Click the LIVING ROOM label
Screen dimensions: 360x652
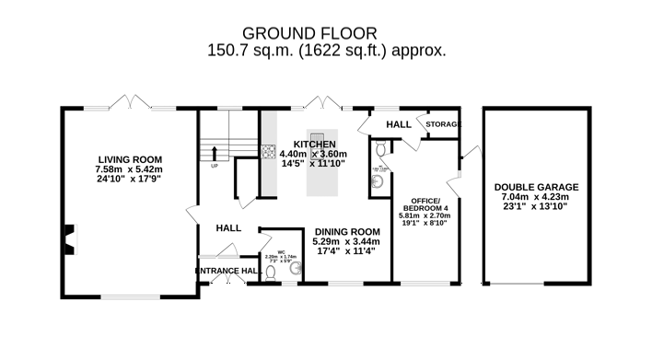pyautogui.click(x=128, y=158)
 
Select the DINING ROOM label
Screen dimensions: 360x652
pyautogui.click(x=347, y=231)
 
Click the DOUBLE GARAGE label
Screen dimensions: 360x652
pyautogui.click(x=535, y=184)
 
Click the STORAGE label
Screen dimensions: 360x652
pyautogui.click(x=442, y=124)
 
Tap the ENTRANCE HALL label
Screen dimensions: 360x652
pyautogui.click(x=226, y=271)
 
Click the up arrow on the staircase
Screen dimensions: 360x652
pyautogui.click(x=215, y=154)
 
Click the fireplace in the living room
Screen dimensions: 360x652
pyautogui.click(x=67, y=239)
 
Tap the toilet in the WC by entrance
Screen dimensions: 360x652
pyautogui.click(x=271, y=273)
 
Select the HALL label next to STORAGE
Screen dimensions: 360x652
pyautogui.click(x=398, y=124)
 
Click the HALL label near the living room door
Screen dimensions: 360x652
pyautogui.click(x=228, y=227)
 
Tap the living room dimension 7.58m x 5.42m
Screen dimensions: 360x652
pyautogui.click(x=128, y=169)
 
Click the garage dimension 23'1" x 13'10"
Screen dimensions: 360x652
pyautogui.click(x=535, y=206)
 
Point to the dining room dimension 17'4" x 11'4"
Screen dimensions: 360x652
pyautogui.click(x=347, y=251)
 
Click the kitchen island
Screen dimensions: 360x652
pyautogui.click(x=322, y=164)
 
